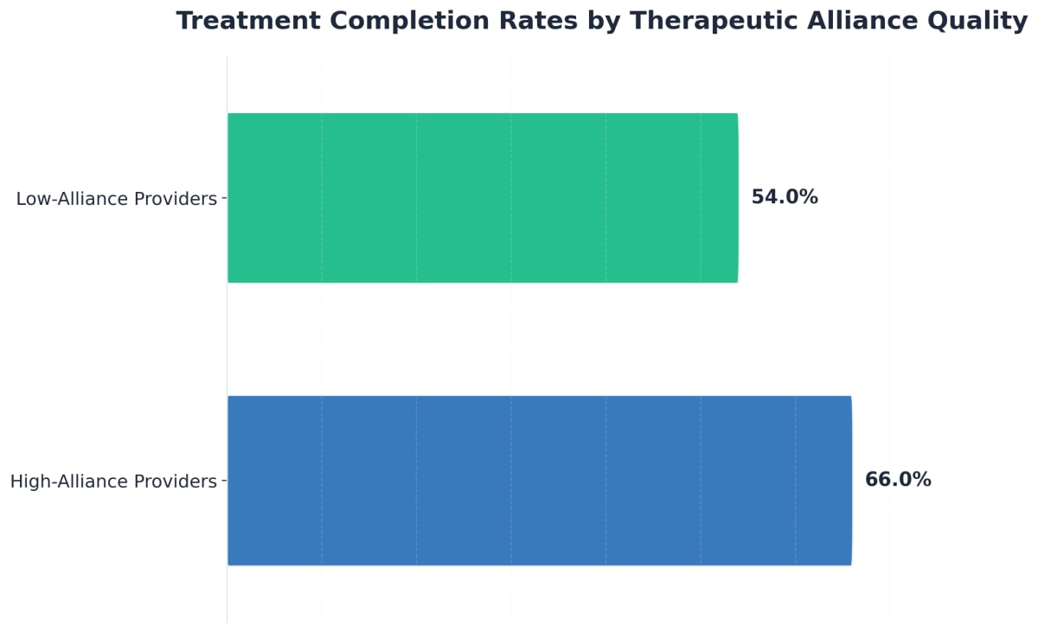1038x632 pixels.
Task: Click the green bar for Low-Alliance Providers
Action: (x=483, y=198)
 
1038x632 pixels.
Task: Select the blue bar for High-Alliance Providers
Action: (x=539, y=481)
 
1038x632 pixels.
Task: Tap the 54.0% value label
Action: (x=784, y=197)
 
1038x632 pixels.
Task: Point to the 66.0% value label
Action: (x=898, y=480)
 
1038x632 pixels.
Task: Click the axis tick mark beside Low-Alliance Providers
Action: (x=224, y=198)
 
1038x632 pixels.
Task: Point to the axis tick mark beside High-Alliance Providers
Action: (x=224, y=481)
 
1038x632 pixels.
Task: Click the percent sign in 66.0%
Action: (x=923, y=480)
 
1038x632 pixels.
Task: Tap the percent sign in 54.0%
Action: (x=809, y=197)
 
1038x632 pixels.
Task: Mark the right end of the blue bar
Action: (x=850, y=481)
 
